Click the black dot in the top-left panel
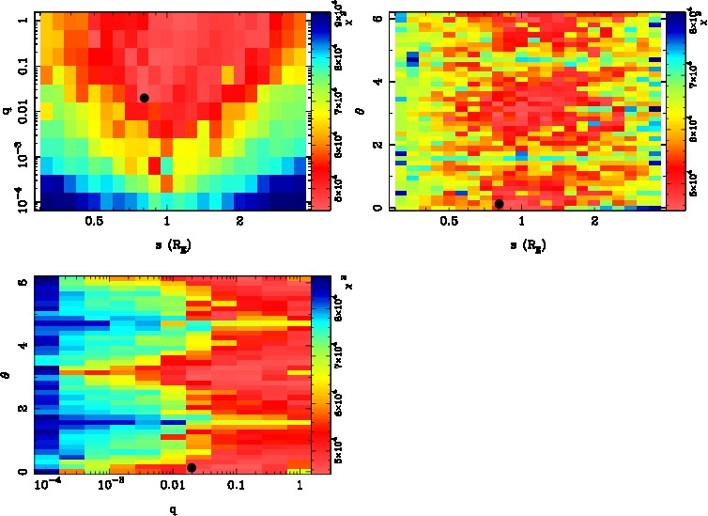(x=144, y=98)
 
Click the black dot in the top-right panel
(x=499, y=204)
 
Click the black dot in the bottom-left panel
(x=192, y=467)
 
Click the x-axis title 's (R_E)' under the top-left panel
(x=166, y=246)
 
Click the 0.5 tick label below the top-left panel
(x=93, y=223)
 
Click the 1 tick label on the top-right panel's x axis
(x=522, y=223)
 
